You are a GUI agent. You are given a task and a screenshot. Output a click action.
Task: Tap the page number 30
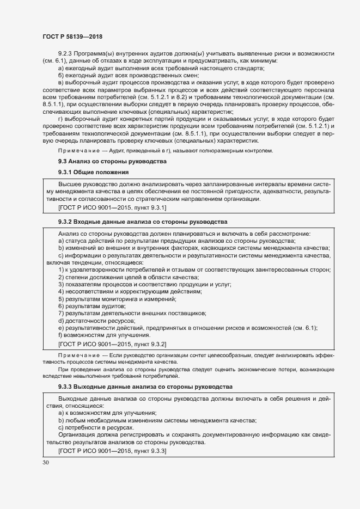(46, 462)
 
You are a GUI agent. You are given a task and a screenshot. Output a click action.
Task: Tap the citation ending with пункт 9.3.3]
(112, 451)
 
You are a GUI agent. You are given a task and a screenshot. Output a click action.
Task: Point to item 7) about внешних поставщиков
(131, 313)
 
